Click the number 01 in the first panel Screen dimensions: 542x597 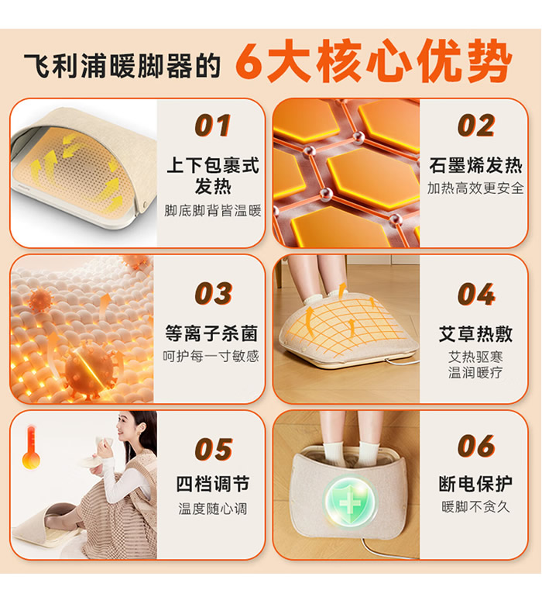point(213,126)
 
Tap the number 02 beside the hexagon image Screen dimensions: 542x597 point(476,126)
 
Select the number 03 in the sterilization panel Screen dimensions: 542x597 point(214,294)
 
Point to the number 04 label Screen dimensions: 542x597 point(476,294)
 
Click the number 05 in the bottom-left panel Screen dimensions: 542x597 point(214,449)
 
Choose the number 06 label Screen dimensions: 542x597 point(476,446)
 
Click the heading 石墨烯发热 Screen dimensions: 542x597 point(476,166)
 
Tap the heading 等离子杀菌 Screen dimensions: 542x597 point(211,334)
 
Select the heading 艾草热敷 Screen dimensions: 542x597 point(476,334)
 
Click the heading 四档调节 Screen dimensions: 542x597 point(213,485)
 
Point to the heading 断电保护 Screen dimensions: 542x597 point(476,484)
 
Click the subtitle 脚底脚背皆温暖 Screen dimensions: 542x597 point(213,211)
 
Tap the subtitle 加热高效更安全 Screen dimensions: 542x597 point(475,188)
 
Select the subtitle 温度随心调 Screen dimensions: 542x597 point(213,509)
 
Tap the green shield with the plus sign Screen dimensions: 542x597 point(350,502)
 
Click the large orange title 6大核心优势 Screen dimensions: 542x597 point(373,61)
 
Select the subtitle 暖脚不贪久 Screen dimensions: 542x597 point(476,507)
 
